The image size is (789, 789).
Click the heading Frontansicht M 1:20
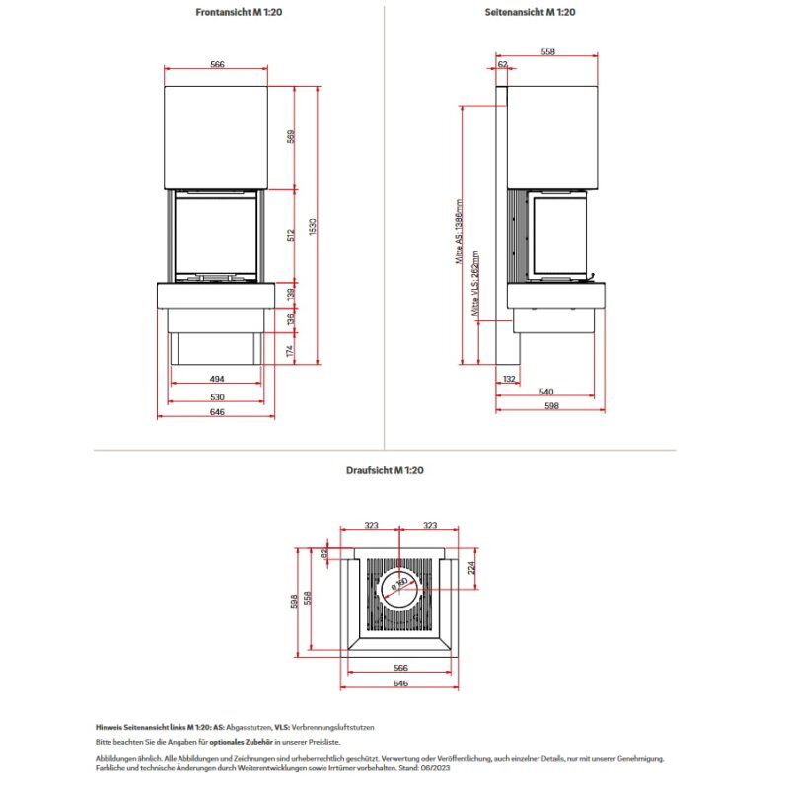point(217,13)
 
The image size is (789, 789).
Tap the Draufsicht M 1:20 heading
point(385,471)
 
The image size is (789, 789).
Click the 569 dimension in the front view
point(291,137)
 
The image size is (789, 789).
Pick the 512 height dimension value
point(291,236)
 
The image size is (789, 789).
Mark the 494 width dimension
point(217,379)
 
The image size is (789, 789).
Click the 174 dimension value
point(291,349)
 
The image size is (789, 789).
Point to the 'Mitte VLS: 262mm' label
point(476,287)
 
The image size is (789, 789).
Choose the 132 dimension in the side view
point(509,379)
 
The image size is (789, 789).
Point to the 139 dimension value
point(291,295)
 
